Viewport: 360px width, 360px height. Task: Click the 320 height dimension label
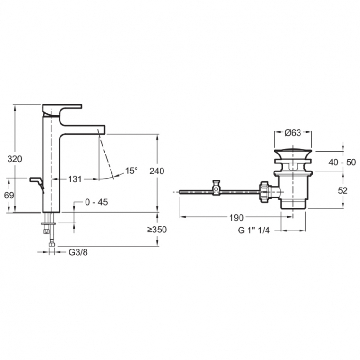coord(15,159)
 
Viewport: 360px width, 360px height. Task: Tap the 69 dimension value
coord(9,196)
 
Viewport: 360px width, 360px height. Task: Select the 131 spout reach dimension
coord(75,180)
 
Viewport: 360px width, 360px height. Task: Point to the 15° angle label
coord(131,171)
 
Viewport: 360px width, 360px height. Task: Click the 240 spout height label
coord(157,171)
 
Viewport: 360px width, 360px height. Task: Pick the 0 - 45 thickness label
coord(96,202)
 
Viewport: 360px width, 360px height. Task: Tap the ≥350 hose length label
coord(157,230)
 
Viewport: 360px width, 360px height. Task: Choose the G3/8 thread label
coord(78,252)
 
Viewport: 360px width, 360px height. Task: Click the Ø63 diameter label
coord(293,133)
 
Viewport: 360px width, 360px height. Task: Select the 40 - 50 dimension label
coord(342,163)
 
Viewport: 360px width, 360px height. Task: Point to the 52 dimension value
coord(343,190)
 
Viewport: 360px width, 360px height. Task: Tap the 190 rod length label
coord(237,218)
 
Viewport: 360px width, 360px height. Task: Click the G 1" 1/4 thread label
coord(254,230)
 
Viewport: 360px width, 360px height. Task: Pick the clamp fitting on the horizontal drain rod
coord(216,188)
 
